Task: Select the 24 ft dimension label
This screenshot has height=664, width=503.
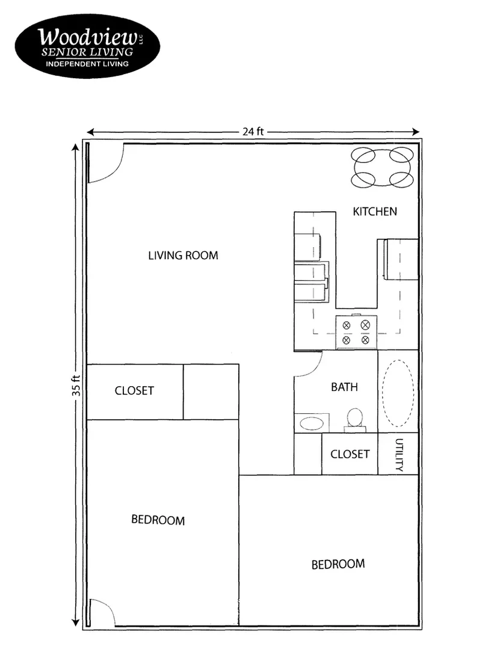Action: click(253, 132)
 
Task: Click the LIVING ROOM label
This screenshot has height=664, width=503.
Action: click(183, 256)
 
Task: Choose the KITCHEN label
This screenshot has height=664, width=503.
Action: click(374, 211)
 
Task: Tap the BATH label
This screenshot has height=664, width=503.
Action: click(344, 387)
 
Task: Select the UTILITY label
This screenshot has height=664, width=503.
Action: click(398, 454)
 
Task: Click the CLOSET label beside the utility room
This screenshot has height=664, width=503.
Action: click(350, 453)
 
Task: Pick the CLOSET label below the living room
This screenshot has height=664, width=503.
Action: click(134, 391)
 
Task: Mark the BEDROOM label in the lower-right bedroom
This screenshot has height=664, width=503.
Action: click(338, 564)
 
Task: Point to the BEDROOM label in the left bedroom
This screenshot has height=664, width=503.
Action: click(158, 520)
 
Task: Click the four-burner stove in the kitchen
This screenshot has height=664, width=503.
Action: click(356, 333)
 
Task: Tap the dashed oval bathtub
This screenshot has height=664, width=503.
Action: click(398, 392)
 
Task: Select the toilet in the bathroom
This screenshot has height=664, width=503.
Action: click(355, 419)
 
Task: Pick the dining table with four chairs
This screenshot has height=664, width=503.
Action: click(382, 167)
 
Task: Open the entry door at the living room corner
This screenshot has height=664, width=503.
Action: click(106, 163)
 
